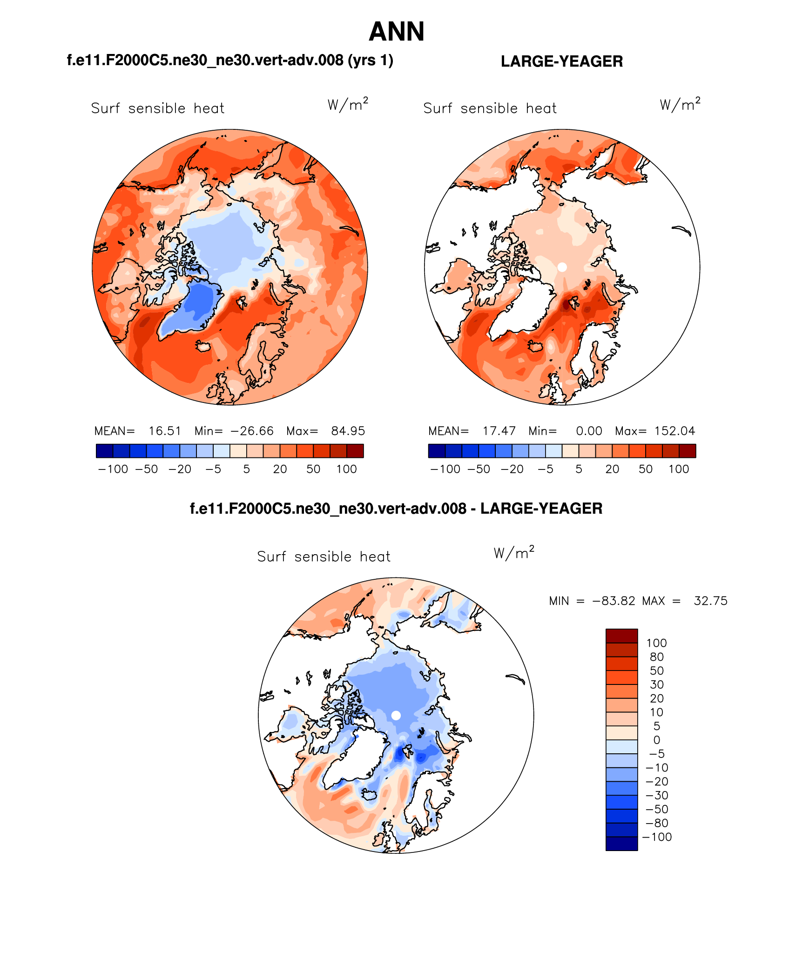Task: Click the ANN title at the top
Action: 396,32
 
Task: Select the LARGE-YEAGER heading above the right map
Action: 561,61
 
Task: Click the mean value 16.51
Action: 165,431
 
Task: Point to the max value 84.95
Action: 348,431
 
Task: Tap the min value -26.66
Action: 252,431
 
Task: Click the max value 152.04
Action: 675,431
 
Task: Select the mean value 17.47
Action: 499,431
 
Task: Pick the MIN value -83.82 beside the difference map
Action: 614,601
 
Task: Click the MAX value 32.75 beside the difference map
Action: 710,601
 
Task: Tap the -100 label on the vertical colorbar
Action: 657,837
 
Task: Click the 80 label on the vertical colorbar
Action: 657,657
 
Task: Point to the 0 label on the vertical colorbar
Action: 657,740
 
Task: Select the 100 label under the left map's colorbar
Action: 346,469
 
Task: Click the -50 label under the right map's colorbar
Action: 479,469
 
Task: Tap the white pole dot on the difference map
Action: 396,716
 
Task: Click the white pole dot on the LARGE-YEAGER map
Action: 562,267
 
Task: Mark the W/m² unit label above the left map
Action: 348,105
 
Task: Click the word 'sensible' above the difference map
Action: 324,557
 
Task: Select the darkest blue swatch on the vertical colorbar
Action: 621,844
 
